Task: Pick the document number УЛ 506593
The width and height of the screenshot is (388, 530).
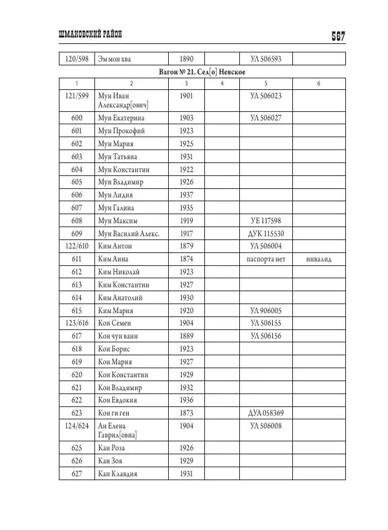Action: coord(266,59)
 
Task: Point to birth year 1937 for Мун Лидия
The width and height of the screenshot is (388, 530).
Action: coord(186,195)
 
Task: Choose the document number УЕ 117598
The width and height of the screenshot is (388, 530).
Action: coord(266,221)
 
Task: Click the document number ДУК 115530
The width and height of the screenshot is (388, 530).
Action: coord(266,234)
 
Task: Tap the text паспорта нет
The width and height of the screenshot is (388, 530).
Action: coord(266,259)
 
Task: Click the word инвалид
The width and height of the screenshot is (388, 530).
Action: coord(319,259)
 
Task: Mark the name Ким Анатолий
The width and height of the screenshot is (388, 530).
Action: coord(120,298)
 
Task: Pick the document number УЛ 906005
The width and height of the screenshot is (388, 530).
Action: coord(266,310)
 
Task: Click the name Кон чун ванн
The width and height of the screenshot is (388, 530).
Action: coord(118,336)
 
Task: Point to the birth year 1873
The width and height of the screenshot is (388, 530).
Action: coord(186,412)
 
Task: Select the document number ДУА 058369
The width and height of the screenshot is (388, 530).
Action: coord(266,412)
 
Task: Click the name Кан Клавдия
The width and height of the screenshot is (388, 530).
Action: coord(118,473)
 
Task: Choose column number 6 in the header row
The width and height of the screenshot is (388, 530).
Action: coord(319,83)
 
